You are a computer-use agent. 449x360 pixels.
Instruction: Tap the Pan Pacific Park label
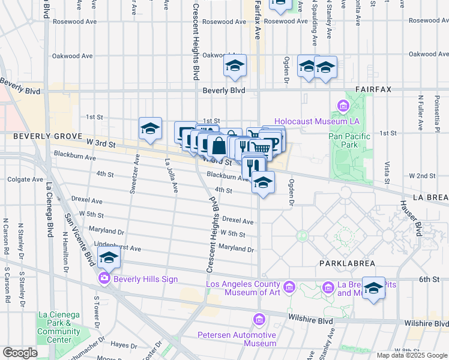click(350, 140)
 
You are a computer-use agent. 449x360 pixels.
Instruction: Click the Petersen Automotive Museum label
click(237, 339)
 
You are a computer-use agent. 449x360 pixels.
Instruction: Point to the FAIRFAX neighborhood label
click(373, 89)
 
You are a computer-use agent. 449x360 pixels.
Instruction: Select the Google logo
click(20, 353)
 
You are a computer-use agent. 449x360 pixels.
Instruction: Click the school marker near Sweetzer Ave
click(150, 129)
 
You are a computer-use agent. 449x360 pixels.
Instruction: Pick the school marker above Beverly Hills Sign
click(109, 258)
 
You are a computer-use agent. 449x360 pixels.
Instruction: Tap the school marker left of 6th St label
click(373, 288)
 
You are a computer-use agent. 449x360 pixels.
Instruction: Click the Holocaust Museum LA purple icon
click(343, 107)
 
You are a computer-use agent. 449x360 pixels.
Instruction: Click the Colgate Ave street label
click(25, 179)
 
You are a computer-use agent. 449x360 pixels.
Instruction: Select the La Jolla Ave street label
click(171, 177)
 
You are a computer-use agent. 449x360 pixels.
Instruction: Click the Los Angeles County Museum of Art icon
click(289, 287)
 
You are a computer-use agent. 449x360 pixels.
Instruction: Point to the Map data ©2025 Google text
click(412, 355)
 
